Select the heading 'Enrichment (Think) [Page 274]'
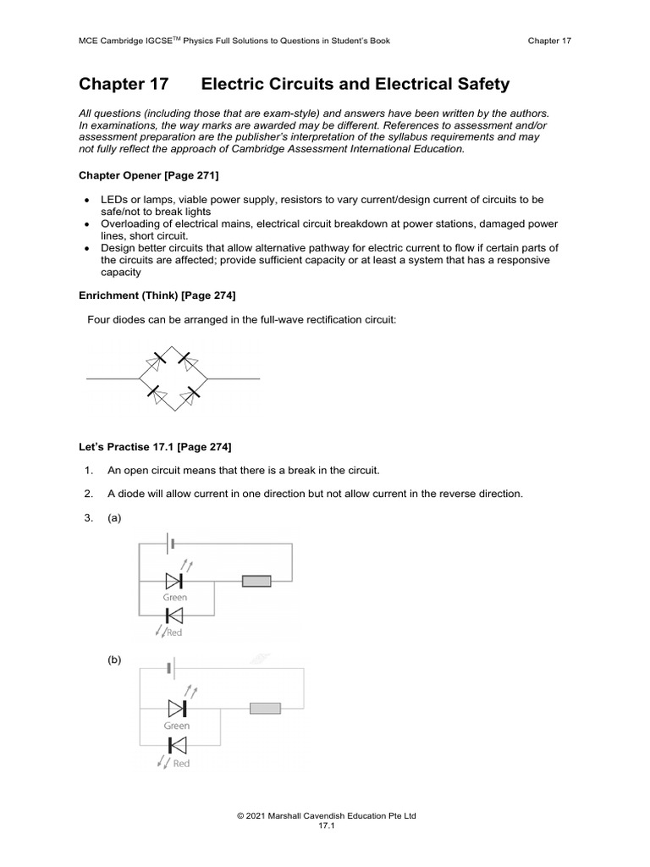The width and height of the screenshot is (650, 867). (x=157, y=295)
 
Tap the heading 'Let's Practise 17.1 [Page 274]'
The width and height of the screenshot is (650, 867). (x=155, y=446)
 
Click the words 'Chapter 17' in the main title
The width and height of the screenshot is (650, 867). (x=124, y=84)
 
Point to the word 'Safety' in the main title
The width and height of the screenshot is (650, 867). (x=481, y=84)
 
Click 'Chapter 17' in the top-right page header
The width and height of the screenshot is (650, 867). (x=549, y=41)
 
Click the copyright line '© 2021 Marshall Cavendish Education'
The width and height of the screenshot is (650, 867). (x=326, y=815)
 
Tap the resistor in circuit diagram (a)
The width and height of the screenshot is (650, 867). (x=256, y=581)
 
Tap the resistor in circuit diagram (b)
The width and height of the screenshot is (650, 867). (x=265, y=708)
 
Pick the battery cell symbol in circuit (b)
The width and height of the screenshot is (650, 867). (x=171, y=669)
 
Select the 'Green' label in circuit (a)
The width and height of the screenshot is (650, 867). (x=175, y=598)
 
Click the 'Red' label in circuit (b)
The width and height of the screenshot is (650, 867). (x=181, y=763)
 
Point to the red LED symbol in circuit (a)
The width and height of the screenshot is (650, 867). (x=174, y=616)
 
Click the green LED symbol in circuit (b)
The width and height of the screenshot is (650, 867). (x=177, y=707)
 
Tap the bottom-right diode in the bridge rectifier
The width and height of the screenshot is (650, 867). (x=195, y=393)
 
